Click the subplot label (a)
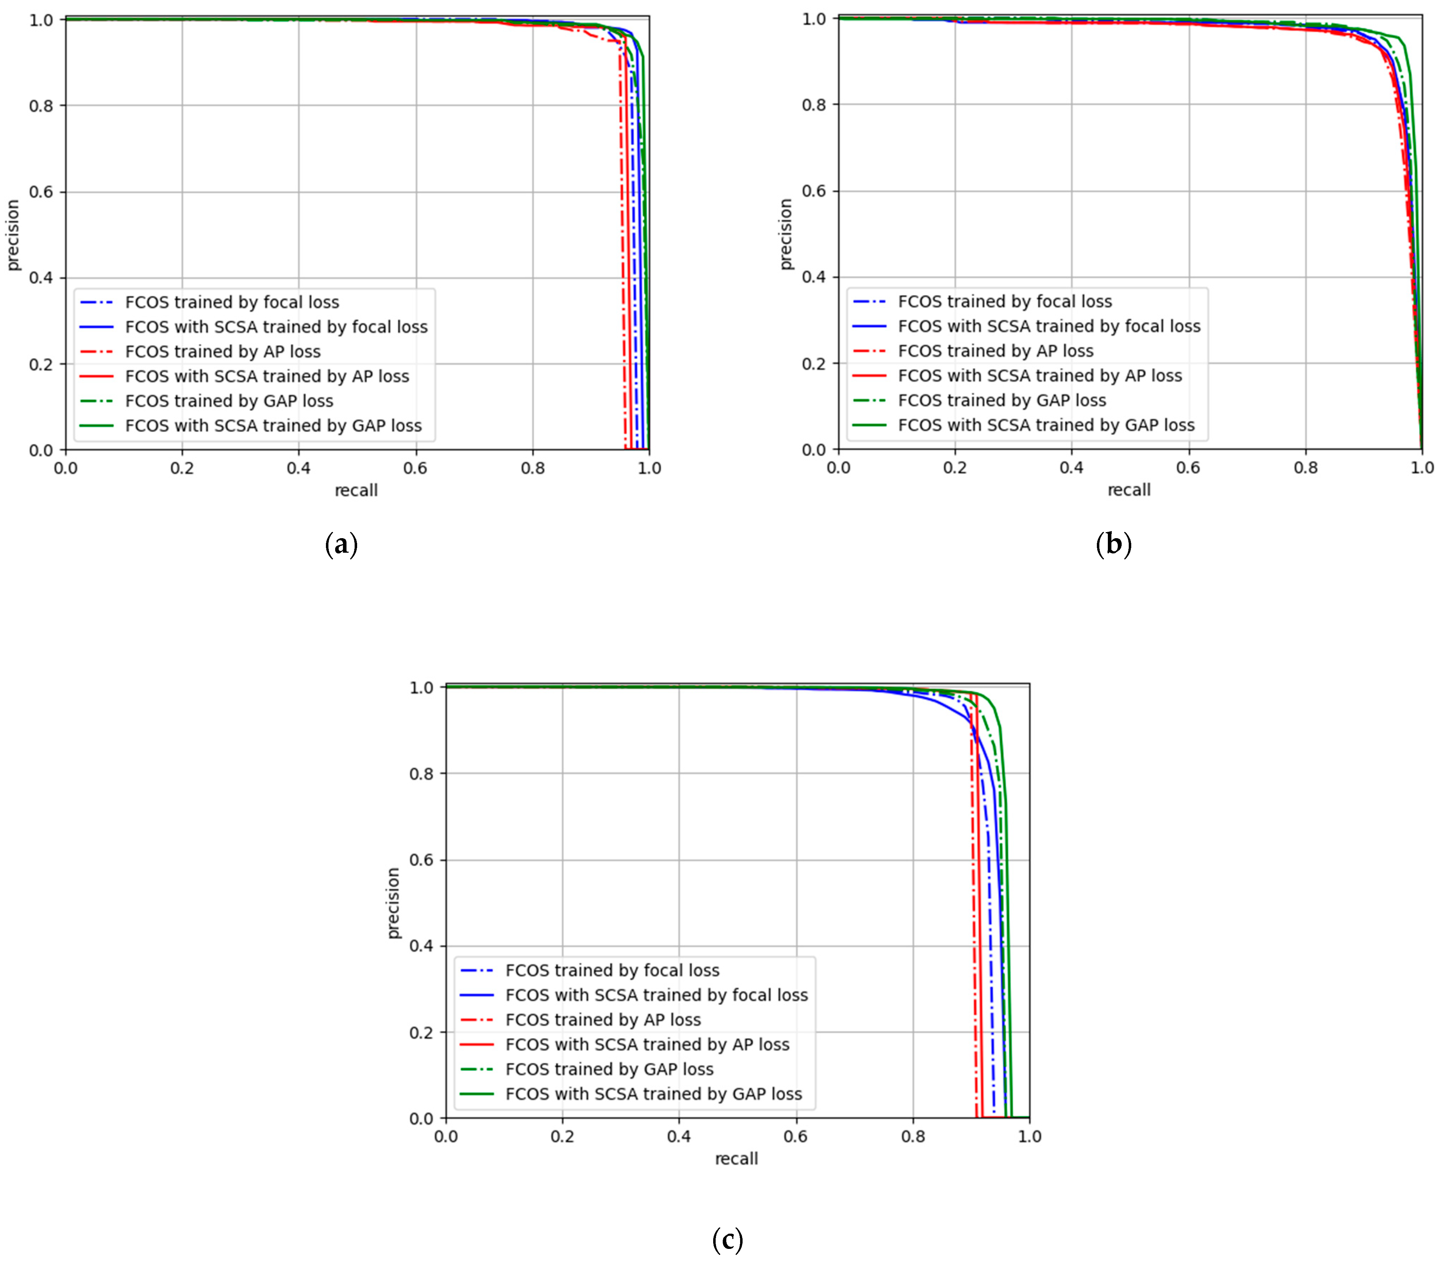(342, 545)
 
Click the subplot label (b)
(1114, 545)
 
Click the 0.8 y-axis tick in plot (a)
(41, 106)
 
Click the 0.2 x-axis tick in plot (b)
(955, 468)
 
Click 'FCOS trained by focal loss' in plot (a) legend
(232, 302)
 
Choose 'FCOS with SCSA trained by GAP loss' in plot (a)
(273, 426)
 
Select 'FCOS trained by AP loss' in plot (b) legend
(995, 351)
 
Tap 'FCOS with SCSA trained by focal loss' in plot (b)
(1049, 326)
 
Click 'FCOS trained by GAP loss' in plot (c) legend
(609, 1069)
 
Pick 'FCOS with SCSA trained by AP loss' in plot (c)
(647, 1044)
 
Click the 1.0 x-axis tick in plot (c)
(1029, 1136)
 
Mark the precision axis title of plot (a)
(13, 235)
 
